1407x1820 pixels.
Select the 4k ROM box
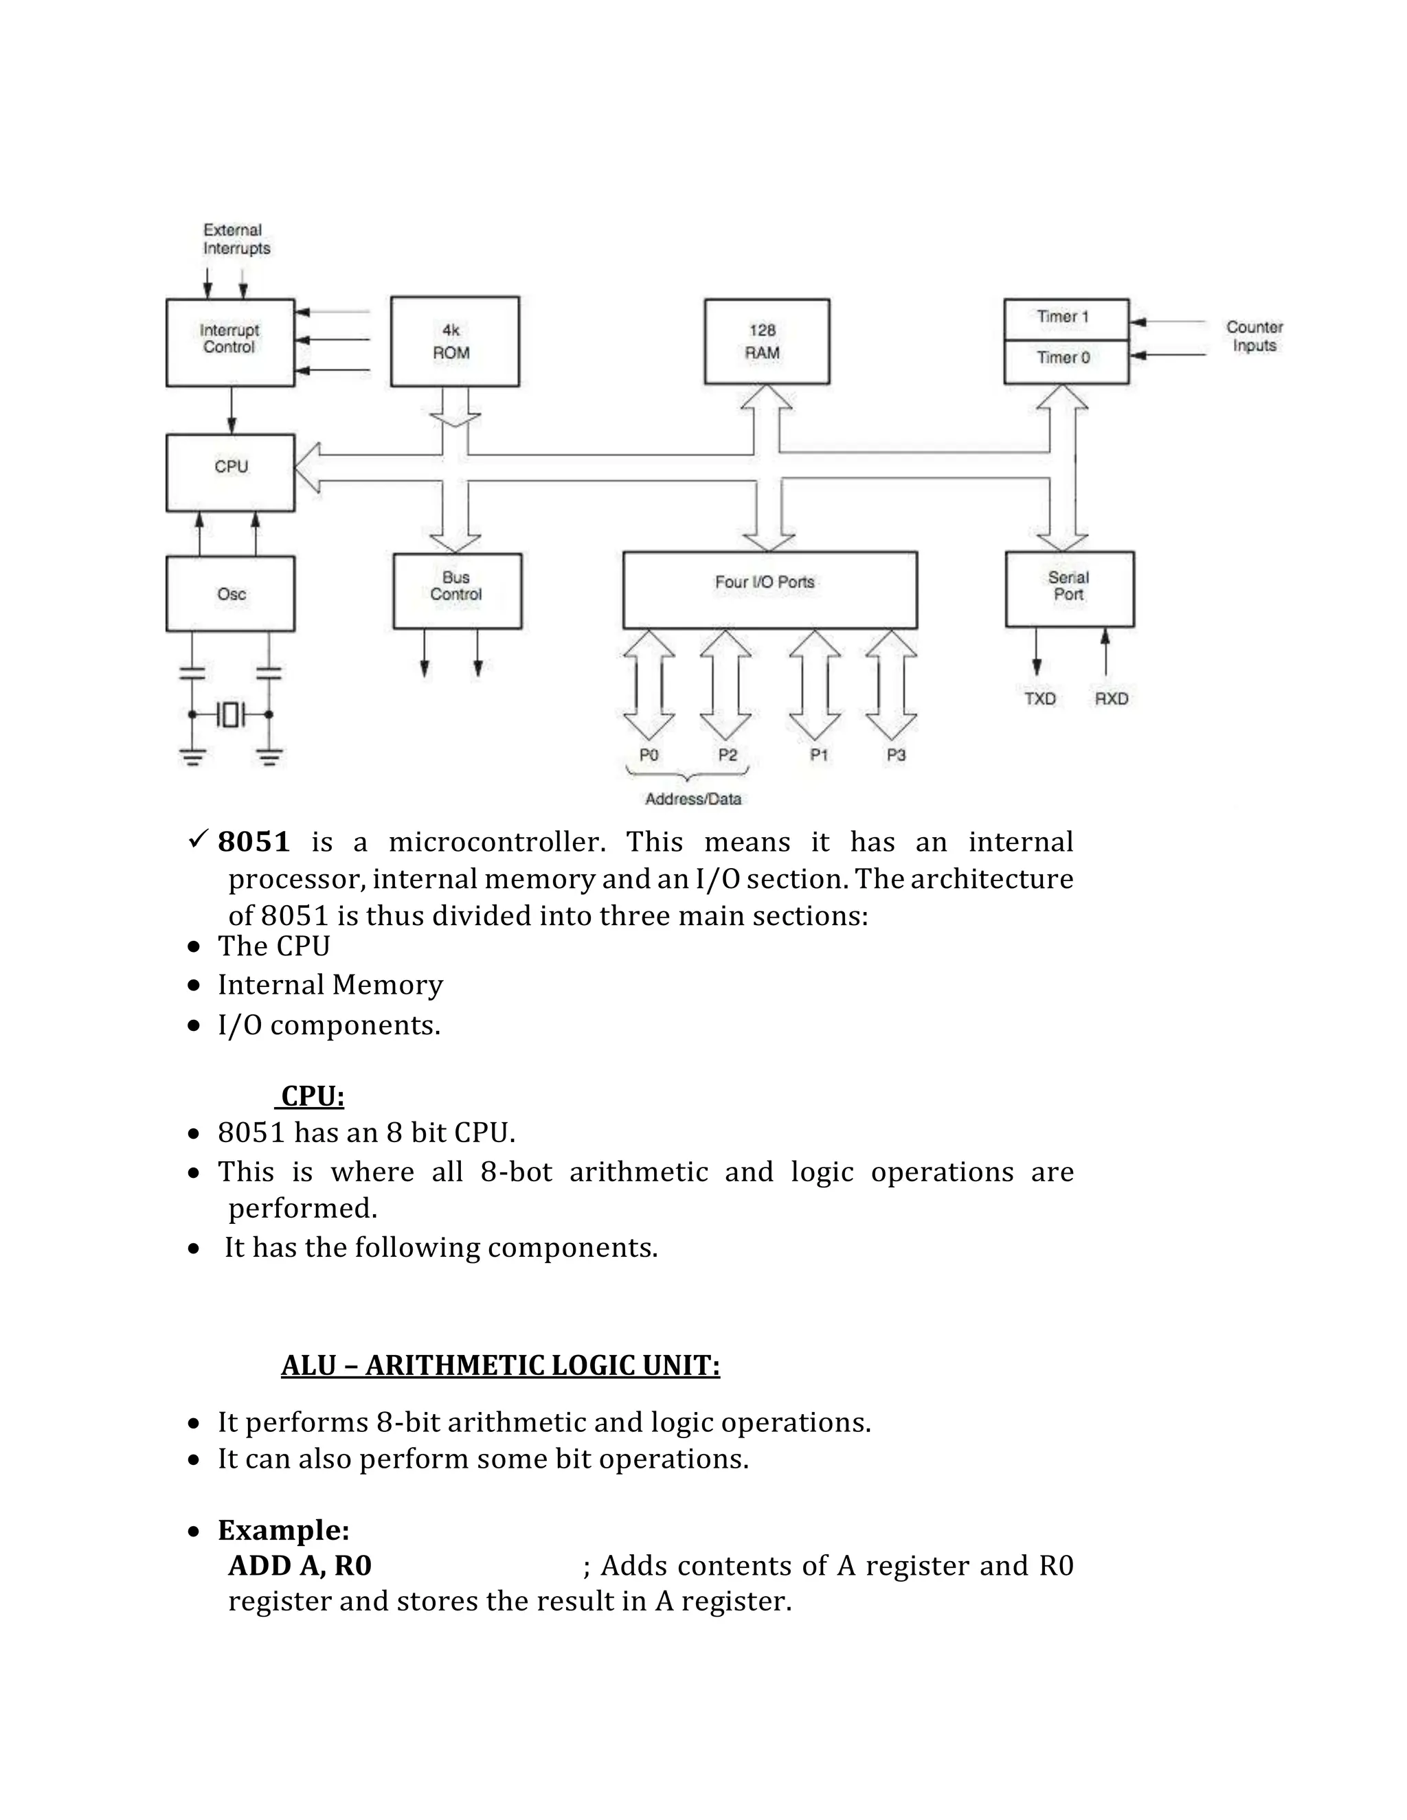[x=454, y=341]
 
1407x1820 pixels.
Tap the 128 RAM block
[x=766, y=341]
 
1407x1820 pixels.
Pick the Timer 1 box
[x=1066, y=319]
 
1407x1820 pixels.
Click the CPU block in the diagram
[x=230, y=472]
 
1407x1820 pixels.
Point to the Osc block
[x=230, y=593]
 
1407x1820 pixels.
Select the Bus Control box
[x=457, y=590]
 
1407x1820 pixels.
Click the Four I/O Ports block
[x=769, y=589]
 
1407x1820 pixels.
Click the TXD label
[x=1039, y=698]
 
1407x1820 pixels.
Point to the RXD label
[x=1111, y=698]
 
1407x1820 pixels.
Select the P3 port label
[x=895, y=755]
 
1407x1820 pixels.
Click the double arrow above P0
[x=649, y=685]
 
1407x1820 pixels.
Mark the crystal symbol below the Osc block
[x=230, y=714]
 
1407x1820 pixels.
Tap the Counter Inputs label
[x=1254, y=336]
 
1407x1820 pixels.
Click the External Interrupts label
[x=236, y=239]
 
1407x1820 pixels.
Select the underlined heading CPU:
[x=312, y=1096]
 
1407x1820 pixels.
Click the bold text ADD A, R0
[x=300, y=1565]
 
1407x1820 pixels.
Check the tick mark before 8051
[x=198, y=839]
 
